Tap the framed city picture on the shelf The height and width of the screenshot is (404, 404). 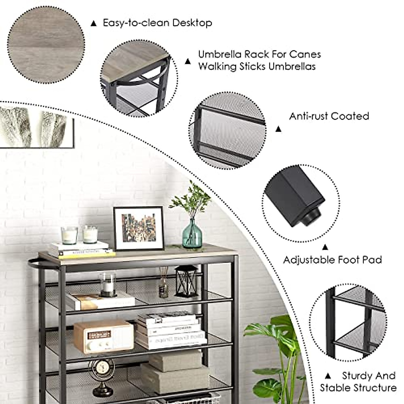139,228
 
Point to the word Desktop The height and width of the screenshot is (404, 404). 192,23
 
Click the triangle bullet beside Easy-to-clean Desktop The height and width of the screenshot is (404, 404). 94,24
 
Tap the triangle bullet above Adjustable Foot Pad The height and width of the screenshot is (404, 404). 325,247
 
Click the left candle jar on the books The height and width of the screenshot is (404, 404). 69,235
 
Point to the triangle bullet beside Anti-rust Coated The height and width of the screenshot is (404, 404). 278,129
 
